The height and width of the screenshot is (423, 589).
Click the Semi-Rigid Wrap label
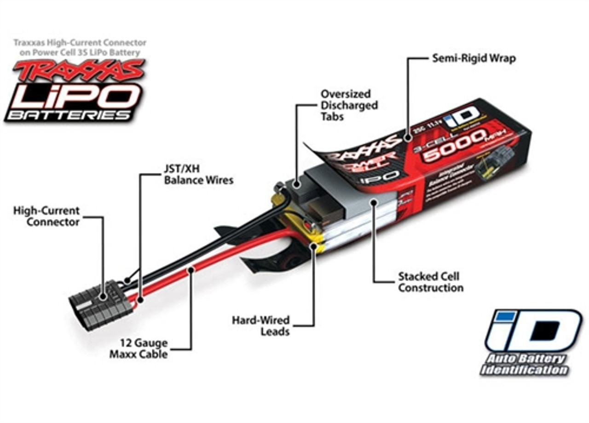click(x=474, y=58)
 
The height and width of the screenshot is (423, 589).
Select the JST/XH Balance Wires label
click(x=198, y=174)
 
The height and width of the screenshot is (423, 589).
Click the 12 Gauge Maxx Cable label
click(x=138, y=349)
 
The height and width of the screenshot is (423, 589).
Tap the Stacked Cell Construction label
click(x=430, y=282)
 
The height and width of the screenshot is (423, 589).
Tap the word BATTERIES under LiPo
click(x=69, y=115)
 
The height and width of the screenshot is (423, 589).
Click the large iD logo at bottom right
click(x=534, y=330)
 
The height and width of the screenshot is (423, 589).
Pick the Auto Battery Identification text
click(x=525, y=365)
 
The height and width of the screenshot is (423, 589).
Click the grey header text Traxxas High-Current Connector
click(x=80, y=47)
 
